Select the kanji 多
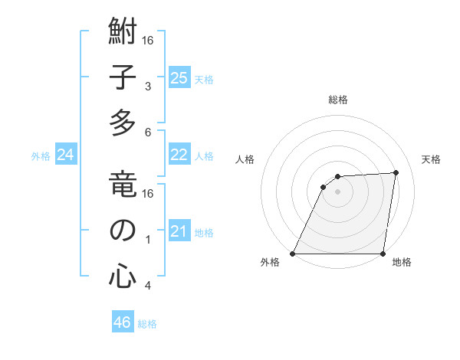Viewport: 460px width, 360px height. coord(123,122)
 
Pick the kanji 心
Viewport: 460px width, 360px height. coord(123,275)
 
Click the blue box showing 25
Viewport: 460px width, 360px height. coord(179,77)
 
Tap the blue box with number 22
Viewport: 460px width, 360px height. coord(179,155)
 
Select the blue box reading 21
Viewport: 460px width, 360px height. coord(179,231)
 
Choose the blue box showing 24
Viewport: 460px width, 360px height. coord(66,155)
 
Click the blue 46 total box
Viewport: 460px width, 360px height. coord(123,322)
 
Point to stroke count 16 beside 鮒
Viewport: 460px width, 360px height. coord(149,40)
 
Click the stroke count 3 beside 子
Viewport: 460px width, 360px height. coord(148,85)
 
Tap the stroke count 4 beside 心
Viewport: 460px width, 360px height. coord(148,286)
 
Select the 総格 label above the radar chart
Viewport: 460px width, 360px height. coord(337,100)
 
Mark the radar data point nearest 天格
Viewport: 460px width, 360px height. coord(396,172)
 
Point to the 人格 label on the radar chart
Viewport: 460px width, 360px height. coord(245,160)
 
